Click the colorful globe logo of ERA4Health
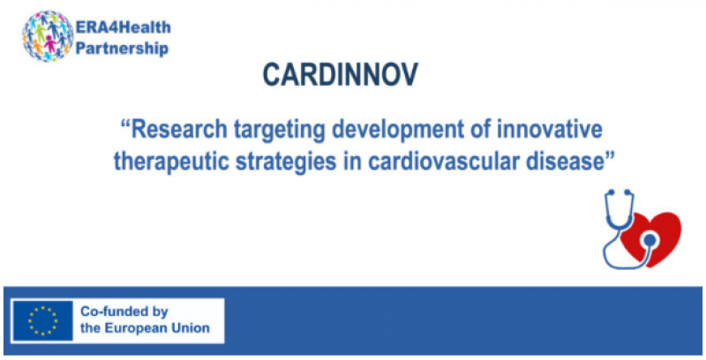coord(48,35)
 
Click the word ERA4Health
coord(123,27)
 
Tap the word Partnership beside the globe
coord(122,48)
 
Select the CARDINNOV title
coord(341,75)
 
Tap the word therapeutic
coord(171,162)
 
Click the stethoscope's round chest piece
coord(649,240)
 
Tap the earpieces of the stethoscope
coord(620,192)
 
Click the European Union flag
coord(42,320)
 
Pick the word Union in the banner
coord(192,328)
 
